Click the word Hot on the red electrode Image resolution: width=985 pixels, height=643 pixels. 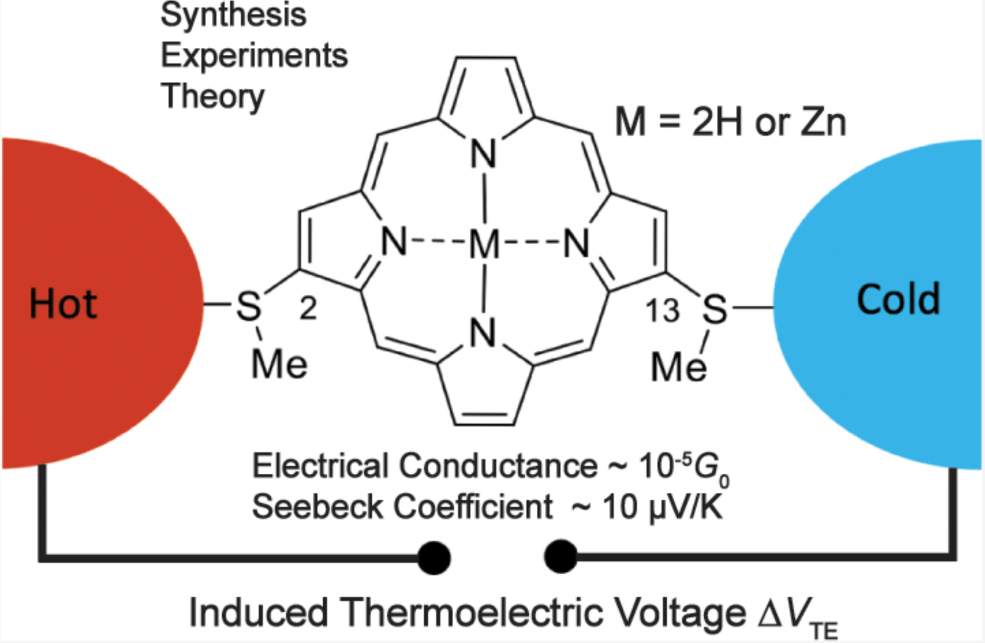(63, 303)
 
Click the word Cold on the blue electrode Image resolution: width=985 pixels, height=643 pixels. (898, 300)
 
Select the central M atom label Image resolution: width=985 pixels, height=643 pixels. (484, 244)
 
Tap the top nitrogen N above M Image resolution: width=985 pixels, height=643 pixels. (483, 154)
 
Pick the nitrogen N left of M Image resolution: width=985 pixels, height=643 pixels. (394, 242)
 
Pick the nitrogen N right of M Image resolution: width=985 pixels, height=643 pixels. (577, 243)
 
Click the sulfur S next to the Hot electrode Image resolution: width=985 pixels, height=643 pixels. (249, 306)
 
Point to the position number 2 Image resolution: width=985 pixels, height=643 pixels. (308, 308)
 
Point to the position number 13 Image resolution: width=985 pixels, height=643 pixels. (662, 311)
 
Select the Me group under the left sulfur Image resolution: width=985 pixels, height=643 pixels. (279, 364)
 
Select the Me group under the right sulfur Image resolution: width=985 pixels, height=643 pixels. (679, 367)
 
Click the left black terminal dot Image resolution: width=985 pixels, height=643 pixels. (434, 558)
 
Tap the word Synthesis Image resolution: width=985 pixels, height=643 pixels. (233, 15)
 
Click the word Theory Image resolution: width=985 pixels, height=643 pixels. (212, 97)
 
